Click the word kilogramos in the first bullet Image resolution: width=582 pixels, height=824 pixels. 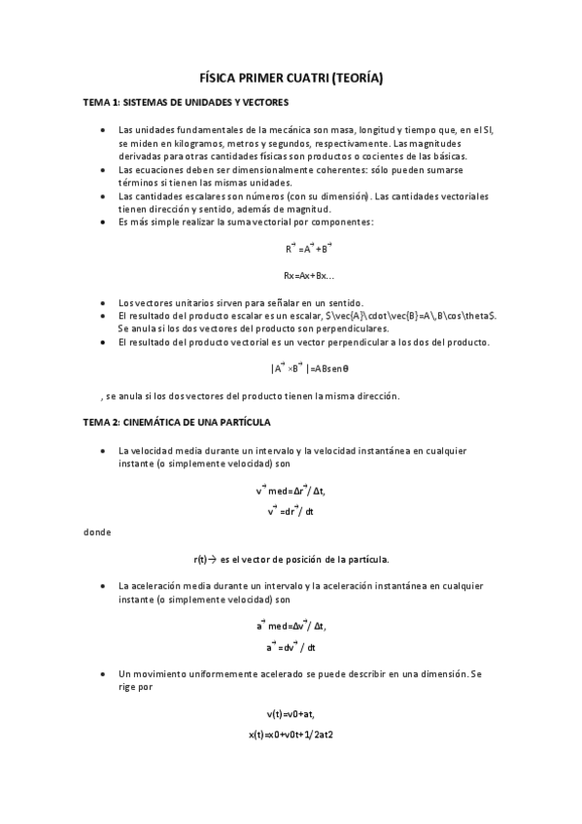(177, 142)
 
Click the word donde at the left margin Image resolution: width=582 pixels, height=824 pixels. (97, 532)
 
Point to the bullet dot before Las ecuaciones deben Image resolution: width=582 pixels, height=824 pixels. (103, 169)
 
